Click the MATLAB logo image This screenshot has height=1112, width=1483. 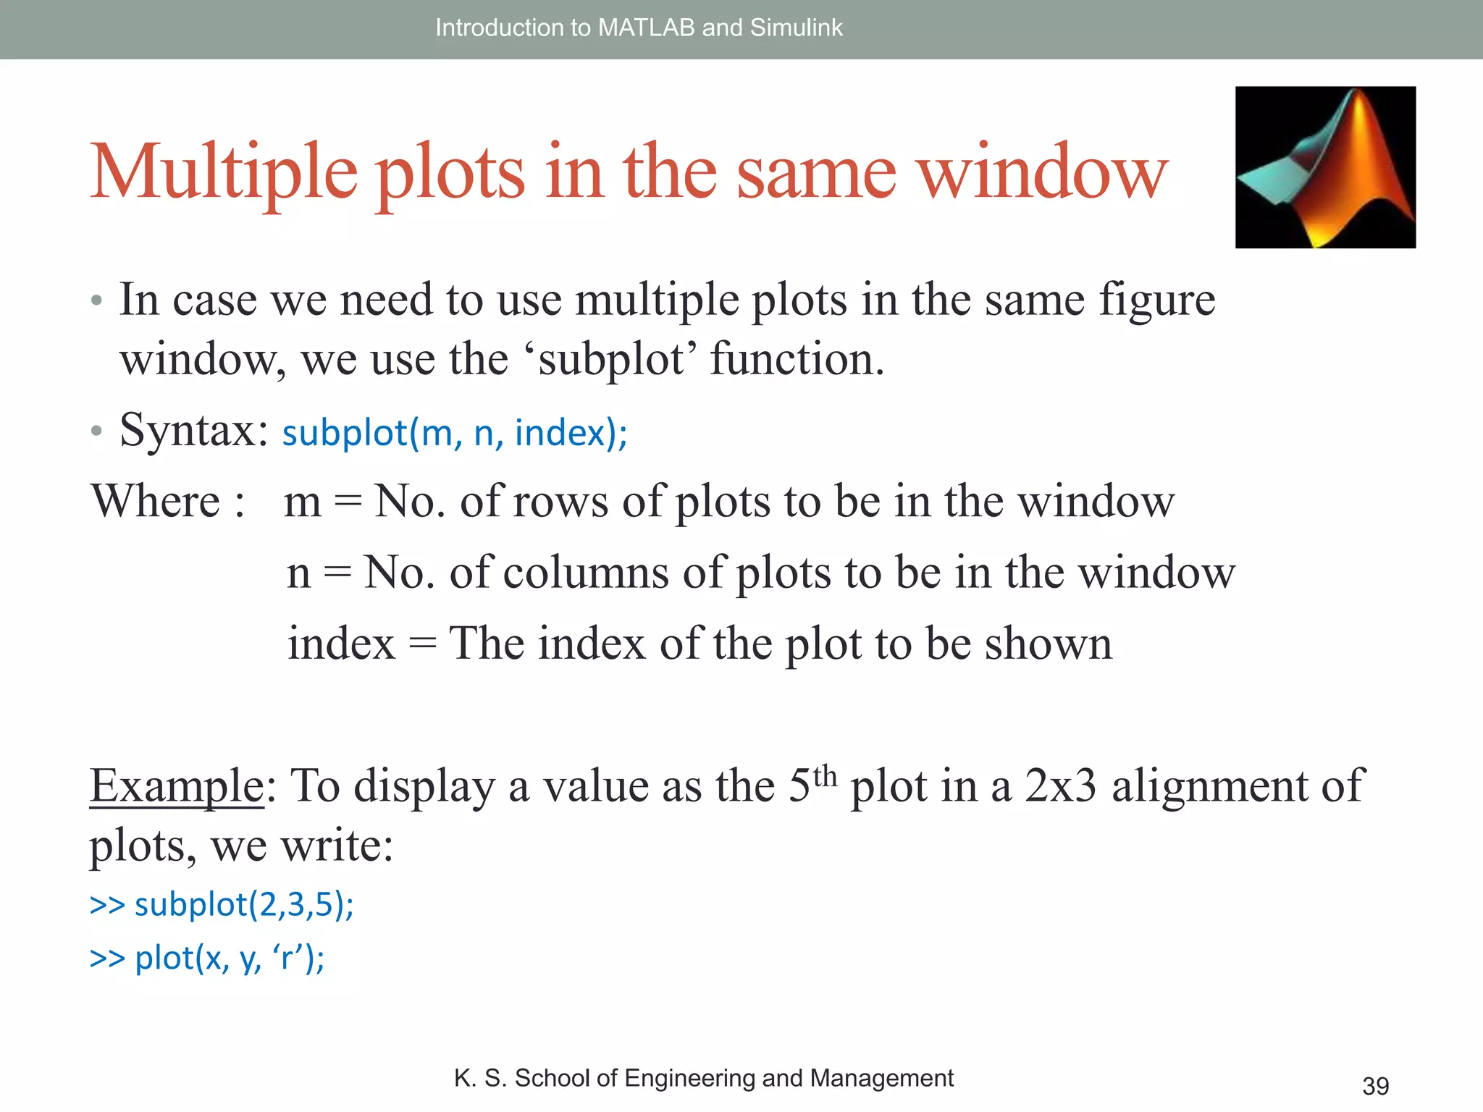point(1325,167)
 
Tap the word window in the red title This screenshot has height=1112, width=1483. point(1043,172)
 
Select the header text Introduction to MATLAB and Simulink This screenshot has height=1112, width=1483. point(639,28)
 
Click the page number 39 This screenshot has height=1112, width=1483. point(1375,1086)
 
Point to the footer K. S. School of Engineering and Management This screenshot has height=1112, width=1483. point(703,1078)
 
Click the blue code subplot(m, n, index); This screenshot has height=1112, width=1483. point(455,433)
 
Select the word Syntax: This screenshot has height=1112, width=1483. point(194,430)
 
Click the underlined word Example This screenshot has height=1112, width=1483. point(177,785)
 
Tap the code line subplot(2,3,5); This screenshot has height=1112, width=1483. point(244,905)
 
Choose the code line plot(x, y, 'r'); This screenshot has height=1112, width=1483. point(230,958)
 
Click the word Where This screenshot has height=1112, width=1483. point(155,501)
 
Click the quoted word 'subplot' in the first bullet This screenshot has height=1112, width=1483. point(611,360)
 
